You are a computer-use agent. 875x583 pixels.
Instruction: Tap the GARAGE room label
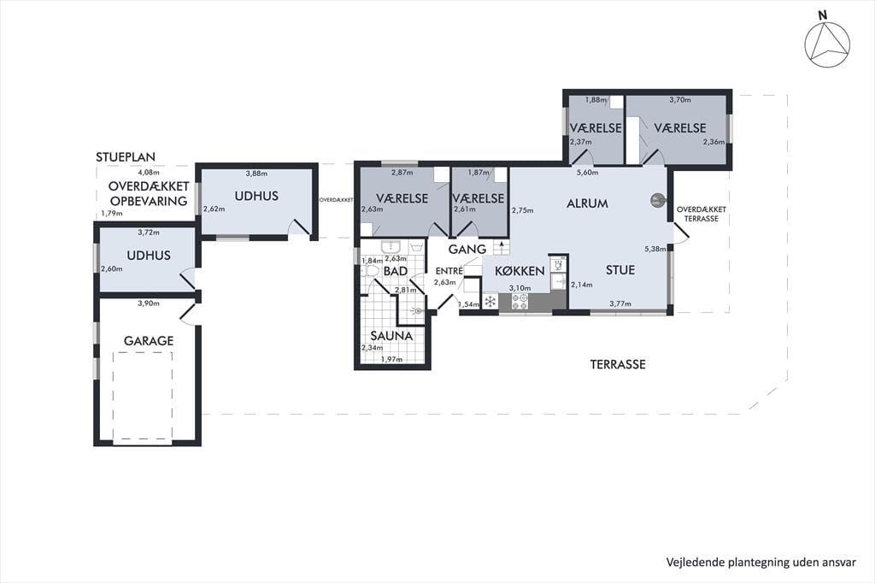coord(149,340)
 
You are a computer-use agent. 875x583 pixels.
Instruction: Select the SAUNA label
coord(391,336)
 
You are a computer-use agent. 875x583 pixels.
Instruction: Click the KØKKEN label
coord(520,271)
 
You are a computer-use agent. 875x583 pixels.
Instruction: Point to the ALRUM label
coord(587,203)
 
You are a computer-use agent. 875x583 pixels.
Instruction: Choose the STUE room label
coord(620,270)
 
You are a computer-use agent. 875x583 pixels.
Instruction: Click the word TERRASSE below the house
coord(618,365)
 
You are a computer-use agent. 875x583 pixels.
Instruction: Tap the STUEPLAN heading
coord(126,157)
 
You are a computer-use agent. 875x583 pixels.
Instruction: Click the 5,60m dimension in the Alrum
coord(588,173)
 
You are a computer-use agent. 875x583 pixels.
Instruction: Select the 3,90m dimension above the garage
coord(149,303)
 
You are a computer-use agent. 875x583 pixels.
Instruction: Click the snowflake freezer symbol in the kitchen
coord(490,302)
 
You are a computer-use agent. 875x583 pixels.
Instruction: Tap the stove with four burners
coord(520,302)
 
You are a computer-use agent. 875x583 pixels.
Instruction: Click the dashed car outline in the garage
coord(143,396)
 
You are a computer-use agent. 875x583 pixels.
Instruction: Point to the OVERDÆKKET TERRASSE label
coord(702,214)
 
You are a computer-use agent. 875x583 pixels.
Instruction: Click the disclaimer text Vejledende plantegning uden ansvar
coord(761,562)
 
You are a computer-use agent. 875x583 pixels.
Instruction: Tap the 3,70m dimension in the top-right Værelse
coord(679,100)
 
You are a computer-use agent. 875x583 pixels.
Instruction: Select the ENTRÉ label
coord(449,271)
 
